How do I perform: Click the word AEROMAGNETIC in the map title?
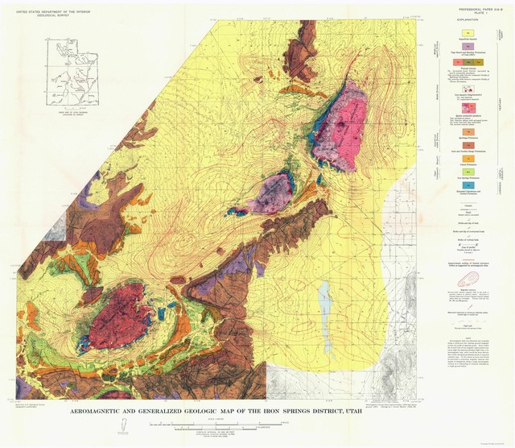122,413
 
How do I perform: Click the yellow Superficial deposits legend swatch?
467,31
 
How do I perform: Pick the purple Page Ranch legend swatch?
467,46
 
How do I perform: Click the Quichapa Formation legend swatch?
467,119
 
